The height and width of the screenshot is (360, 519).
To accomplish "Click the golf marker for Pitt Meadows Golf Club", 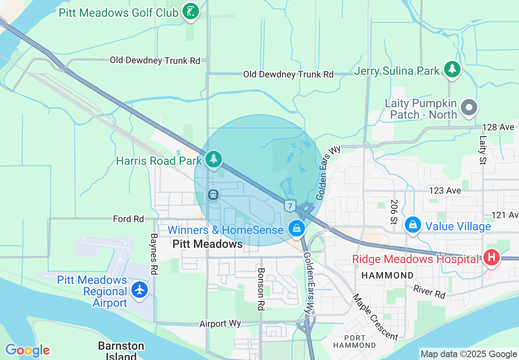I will [190, 11].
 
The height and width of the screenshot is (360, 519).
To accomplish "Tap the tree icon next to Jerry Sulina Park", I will [452, 69].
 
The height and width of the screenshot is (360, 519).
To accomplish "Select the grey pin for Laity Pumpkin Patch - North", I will [469, 108].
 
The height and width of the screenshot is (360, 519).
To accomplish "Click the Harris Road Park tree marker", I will [213, 159].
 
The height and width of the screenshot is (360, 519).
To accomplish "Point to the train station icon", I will [213, 194].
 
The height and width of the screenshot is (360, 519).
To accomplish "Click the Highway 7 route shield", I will [290, 206].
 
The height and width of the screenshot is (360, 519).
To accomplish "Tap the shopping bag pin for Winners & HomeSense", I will [296, 229].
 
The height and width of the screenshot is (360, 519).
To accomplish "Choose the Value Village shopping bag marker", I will [413, 225].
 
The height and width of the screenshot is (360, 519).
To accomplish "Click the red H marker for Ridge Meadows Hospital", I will [492, 257].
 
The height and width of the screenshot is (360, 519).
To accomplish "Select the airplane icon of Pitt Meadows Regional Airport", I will [140, 290].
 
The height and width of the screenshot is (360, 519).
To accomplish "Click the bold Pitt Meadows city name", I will [208, 244].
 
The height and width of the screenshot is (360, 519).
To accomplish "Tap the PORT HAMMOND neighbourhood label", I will [354, 342].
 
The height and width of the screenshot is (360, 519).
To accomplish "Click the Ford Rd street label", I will [129, 219].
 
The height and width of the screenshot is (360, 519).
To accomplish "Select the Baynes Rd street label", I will [154, 254].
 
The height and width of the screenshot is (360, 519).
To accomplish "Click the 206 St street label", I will [394, 212].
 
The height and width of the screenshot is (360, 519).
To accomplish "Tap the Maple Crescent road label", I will [375, 317].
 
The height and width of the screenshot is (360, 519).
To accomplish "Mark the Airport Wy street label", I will [220, 324].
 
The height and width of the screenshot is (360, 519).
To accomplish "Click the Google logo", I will [27, 350].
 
